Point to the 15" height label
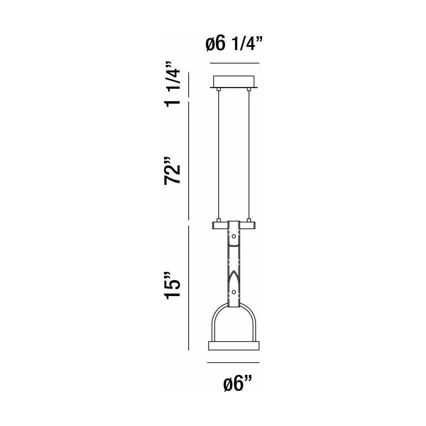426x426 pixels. [x=172, y=286]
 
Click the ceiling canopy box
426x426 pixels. [x=234, y=82]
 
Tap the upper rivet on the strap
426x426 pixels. [x=234, y=236]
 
